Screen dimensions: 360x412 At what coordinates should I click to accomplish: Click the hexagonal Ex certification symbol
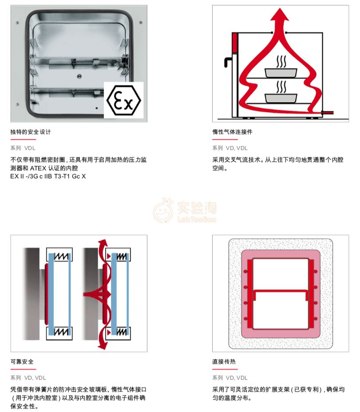(x=123, y=100)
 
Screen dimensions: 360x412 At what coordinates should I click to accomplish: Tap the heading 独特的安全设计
(x=31, y=132)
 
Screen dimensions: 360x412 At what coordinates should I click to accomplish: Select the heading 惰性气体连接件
(x=232, y=132)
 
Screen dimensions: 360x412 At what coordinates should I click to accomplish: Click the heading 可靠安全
(x=22, y=361)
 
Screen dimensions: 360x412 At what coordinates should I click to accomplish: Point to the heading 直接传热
(x=224, y=361)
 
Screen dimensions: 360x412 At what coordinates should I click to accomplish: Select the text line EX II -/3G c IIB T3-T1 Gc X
(x=48, y=177)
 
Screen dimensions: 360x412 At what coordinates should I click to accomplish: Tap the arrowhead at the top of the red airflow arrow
(x=280, y=15)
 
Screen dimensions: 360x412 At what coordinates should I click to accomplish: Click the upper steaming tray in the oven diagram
(x=281, y=73)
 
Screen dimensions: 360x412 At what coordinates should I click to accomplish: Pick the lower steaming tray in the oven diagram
(x=281, y=98)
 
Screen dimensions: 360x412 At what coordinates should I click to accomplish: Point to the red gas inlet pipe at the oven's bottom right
(x=328, y=113)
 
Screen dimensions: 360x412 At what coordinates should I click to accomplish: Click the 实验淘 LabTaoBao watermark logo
(x=185, y=211)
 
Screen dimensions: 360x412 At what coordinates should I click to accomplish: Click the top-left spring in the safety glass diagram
(x=62, y=256)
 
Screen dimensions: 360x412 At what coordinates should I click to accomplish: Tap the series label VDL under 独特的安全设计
(x=30, y=148)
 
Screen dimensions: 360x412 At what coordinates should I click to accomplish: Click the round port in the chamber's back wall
(x=79, y=76)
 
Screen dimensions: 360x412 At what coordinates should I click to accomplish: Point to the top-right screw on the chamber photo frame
(x=141, y=23)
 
